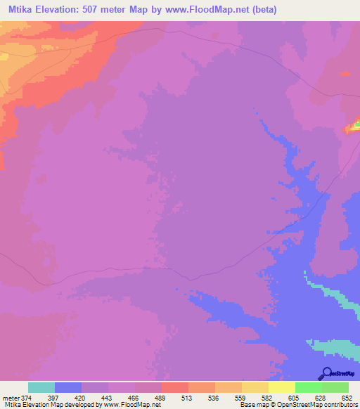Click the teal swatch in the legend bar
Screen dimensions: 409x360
click(41, 387)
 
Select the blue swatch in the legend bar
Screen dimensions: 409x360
click(68, 387)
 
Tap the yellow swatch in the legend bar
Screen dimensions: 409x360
click(282, 387)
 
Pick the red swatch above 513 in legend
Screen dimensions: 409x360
click(175, 387)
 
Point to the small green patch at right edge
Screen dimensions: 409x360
click(356, 126)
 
